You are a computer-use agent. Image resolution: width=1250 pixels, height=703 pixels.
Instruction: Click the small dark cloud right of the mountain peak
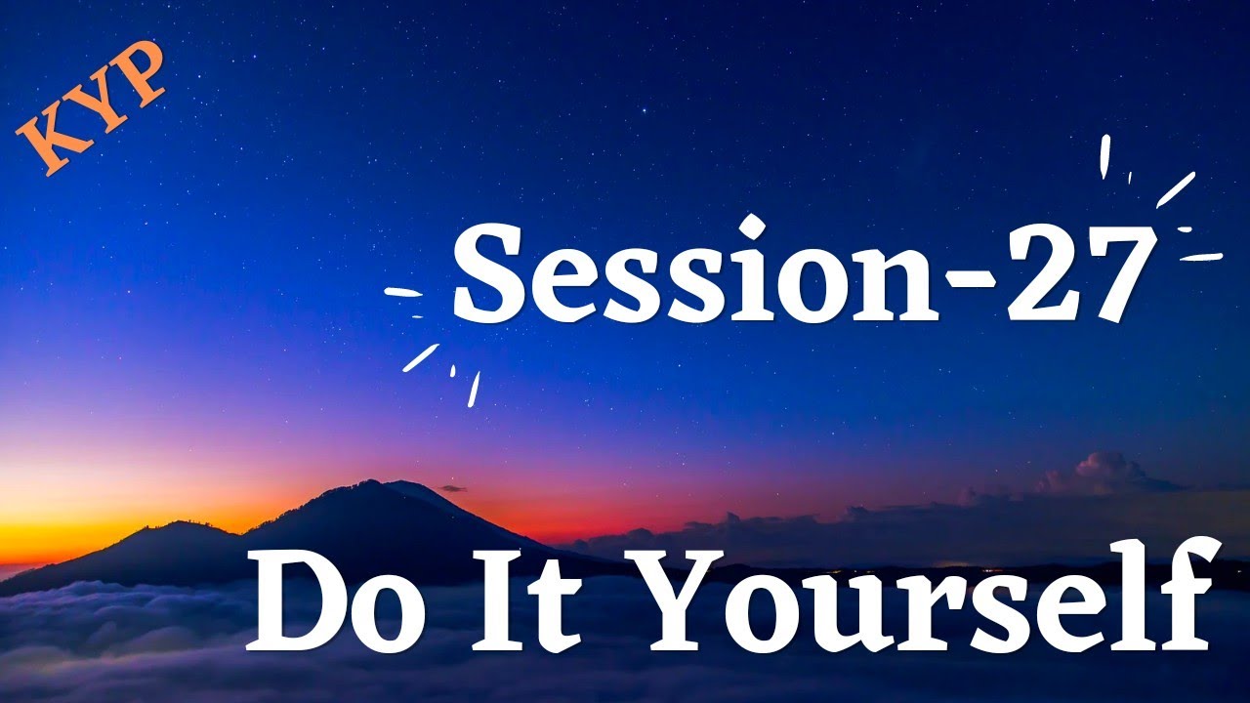(x=451, y=487)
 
